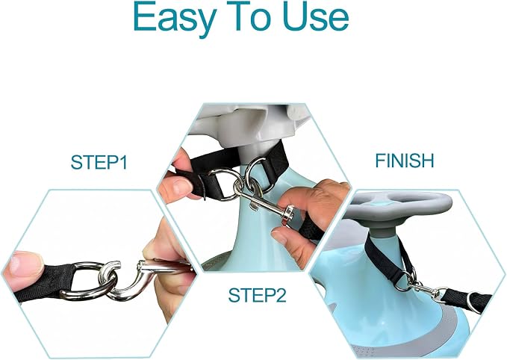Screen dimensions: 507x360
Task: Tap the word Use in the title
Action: (x=316, y=16)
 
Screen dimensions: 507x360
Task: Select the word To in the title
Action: (x=249, y=16)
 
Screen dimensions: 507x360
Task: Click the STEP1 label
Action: (x=99, y=162)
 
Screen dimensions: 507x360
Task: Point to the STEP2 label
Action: (x=258, y=295)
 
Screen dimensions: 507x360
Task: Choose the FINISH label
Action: (x=405, y=161)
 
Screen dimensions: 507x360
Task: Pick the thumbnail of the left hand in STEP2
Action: (x=180, y=187)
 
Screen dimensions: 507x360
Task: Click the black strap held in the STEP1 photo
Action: (x=42, y=282)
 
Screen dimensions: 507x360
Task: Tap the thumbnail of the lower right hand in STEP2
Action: (x=279, y=237)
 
